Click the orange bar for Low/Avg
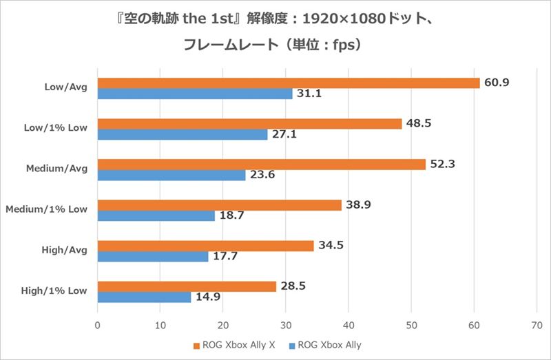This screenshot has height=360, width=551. (x=289, y=83)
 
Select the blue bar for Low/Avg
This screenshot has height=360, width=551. (x=195, y=94)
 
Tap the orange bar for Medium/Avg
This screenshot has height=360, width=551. (x=262, y=165)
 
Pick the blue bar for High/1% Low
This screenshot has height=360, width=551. (x=145, y=297)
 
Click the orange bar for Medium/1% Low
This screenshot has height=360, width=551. (x=220, y=205)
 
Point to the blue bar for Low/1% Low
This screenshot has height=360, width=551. (x=183, y=135)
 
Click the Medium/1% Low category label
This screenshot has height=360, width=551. (x=47, y=209)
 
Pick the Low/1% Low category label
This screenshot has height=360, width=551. (x=56, y=128)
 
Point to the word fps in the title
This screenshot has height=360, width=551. (x=341, y=45)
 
